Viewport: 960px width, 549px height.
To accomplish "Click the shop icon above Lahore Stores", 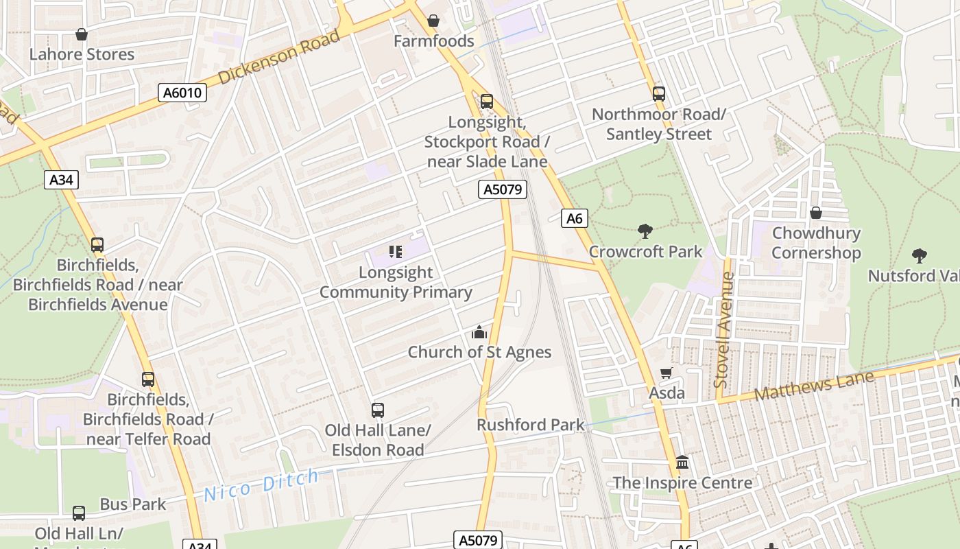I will point(82,34).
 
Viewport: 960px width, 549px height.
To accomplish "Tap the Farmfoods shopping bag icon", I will point(433,21).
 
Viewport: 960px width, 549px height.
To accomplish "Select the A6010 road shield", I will point(182,93).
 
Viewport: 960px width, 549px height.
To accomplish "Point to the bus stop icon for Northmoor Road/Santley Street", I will point(659,94).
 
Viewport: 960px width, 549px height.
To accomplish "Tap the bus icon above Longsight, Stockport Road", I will point(487,102).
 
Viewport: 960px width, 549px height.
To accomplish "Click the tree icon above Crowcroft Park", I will point(645,231).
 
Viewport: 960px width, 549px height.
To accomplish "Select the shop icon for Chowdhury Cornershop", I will point(816,213).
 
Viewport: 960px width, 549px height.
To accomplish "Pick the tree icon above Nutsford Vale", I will point(920,256).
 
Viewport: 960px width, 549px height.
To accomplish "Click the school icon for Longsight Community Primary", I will point(396,252).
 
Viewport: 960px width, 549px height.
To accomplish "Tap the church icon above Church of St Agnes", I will point(479,332).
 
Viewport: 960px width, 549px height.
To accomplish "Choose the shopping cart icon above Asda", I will point(667,373).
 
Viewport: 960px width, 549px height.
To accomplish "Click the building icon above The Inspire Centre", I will point(682,463).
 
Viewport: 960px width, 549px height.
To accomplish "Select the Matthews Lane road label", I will point(814,386).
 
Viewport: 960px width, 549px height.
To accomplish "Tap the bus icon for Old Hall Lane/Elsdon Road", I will point(378,410).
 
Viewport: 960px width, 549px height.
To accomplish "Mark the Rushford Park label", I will point(531,425).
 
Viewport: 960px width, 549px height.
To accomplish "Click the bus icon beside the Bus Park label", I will point(80,513).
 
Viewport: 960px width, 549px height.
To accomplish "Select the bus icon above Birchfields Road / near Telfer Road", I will point(148,379).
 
